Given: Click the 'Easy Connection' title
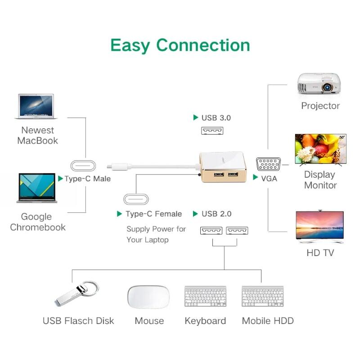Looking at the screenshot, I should pyautogui.click(x=180, y=45).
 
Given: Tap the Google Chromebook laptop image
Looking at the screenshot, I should pyautogui.click(x=37, y=188).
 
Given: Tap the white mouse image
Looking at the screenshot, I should pyautogui.click(x=148, y=297).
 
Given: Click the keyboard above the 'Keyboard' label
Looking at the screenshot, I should pyautogui.click(x=205, y=297).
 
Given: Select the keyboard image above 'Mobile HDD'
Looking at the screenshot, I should pyautogui.click(x=262, y=297).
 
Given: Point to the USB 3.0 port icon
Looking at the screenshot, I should pyautogui.click(x=212, y=130).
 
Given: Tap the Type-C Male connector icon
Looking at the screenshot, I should pyautogui.click(x=83, y=165).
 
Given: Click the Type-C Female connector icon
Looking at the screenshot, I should pyautogui.click(x=136, y=199).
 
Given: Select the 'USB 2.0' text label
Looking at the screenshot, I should pyautogui.click(x=216, y=214).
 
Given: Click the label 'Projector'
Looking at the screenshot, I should pyautogui.click(x=320, y=106).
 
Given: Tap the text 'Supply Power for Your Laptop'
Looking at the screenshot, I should pyautogui.click(x=156, y=234).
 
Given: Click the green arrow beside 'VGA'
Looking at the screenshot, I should pyautogui.click(x=256, y=178).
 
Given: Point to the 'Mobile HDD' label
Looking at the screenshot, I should pyautogui.click(x=268, y=321).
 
